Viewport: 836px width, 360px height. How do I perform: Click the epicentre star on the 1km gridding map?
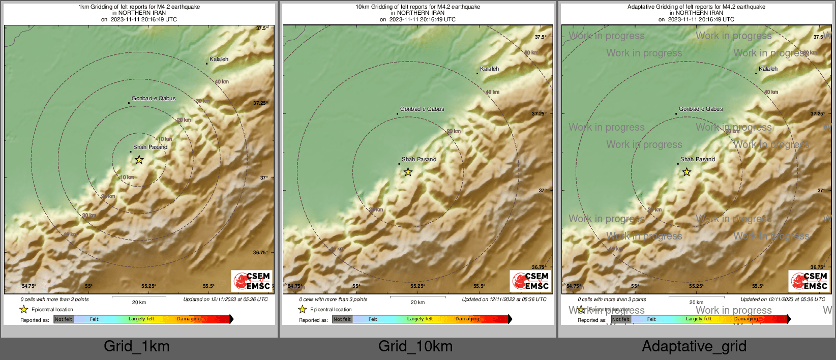pyautogui.click(x=139, y=160)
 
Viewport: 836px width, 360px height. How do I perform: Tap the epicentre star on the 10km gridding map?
pyautogui.click(x=408, y=172)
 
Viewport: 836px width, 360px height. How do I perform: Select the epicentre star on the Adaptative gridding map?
pyautogui.click(x=686, y=172)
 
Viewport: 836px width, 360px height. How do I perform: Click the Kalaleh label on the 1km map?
pyautogui.click(x=219, y=59)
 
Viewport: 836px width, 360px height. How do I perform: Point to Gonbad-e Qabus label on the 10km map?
pyautogui.click(x=422, y=109)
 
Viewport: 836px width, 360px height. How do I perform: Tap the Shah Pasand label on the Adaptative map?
pyautogui.click(x=698, y=159)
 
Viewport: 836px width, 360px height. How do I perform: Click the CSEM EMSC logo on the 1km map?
pyautogui.click(x=252, y=281)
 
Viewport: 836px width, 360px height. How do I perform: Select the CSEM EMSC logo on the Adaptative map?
pyautogui.click(x=809, y=281)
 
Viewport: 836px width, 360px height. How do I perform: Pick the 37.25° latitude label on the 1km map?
pyautogui.click(x=260, y=103)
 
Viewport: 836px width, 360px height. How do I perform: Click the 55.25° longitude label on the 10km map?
pyautogui.click(x=417, y=286)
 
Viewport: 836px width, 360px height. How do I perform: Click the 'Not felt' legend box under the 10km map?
pyautogui.click(x=342, y=319)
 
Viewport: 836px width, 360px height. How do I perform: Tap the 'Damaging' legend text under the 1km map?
pyautogui.click(x=189, y=319)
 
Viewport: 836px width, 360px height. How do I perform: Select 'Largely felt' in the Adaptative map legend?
pyautogui.click(x=698, y=319)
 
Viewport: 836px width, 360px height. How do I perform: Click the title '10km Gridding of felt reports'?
pyautogui.click(x=417, y=7)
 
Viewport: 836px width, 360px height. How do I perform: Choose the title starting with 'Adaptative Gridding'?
pyautogui.click(x=696, y=7)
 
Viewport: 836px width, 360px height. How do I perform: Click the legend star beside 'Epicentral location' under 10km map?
pyautogui.click(x=303, y=309)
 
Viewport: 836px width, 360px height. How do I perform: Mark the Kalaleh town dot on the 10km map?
pyautogui.click(x=477, y=73)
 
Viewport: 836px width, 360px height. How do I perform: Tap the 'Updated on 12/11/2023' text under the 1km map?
pyautogui.click(x=225, y=299)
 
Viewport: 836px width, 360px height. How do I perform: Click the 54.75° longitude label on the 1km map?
pyautogui.click(x=29, y=286)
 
